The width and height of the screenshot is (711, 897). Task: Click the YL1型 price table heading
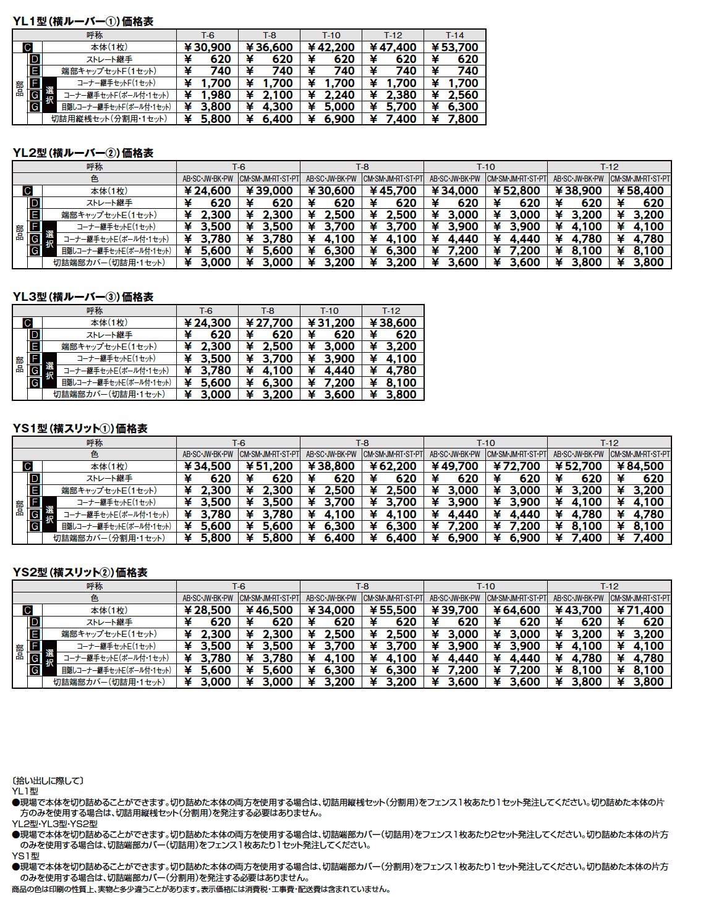pos(83,22)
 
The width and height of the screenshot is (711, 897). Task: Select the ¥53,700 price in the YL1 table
pos(455,48)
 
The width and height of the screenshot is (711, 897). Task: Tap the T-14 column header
pos(455,35)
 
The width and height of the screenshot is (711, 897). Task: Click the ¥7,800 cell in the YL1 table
pos(455,119)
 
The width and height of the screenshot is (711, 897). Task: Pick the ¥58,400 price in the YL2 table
pos(641,191)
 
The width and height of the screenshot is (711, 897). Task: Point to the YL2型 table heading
pos(83,153)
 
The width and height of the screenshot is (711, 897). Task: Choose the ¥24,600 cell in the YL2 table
pos(208,191)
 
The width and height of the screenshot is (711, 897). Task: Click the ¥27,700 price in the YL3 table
pos(270,323)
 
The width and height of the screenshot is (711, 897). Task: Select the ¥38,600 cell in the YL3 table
pos(393,323)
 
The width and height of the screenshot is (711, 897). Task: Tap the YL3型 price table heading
pos(83,297)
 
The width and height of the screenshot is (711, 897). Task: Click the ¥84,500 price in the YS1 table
pos(641,466)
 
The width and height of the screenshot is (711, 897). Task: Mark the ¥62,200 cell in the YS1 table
pos(393,466)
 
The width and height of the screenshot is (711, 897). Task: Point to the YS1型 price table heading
pos(80,429)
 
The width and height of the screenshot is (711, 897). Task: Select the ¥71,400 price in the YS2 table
pos(641,610)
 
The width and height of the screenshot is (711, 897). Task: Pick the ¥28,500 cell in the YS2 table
pos(208,610)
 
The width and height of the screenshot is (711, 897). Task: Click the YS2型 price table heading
pos(80,573)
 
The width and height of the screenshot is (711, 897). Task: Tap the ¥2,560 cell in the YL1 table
pos(455,95)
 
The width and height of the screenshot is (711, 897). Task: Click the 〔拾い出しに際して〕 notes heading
pos(48,781)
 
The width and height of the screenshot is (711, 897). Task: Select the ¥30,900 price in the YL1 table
pos(208,48)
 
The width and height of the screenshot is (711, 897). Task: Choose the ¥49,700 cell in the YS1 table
pos(455,466)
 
